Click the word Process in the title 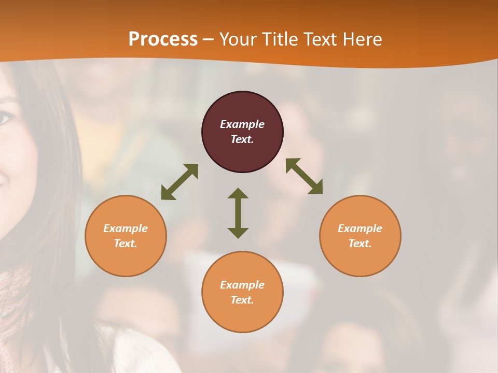pyautogui.click(x=163, y=39)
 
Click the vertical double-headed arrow pyautogui.click(x=238, y=213)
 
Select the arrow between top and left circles pyautogui.click(x=179, y=182)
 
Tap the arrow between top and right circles pyautogui.click(x=304, y=176)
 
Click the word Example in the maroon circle pyautogui.click(x=242, y=124)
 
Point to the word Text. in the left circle pyautogui.click(x=126, y=243)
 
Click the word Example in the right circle pyautogui.click(x=360, y=228)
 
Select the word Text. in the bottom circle pyautogui.click(x=242, y=300)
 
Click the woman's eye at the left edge pyautogui.click(x=5, y=118)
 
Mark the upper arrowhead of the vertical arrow pyautogui.click(x=238, y=193)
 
